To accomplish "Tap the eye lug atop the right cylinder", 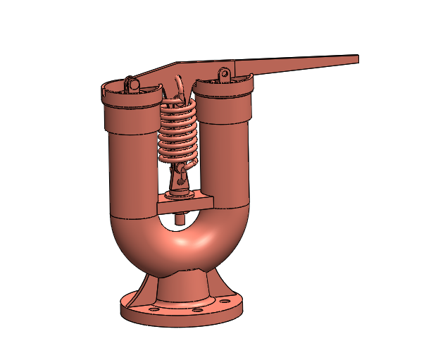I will [x=224, y=74].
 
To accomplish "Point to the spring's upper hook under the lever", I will [x=180, y=88].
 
